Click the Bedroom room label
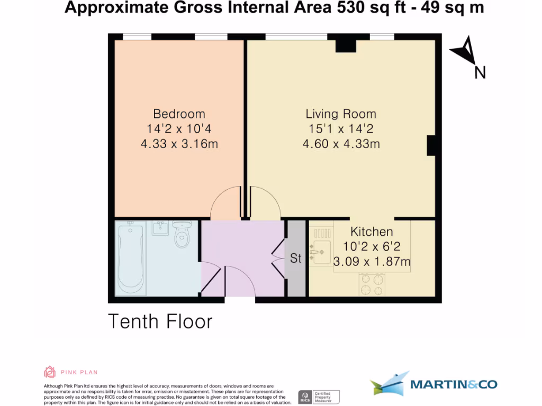pyautogui.click(x=179, y=114)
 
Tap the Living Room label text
pyautogui.click(x=341, y=114)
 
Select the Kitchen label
pyautogui.click(x=372, y=232)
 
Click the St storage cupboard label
pyautogui.click(x=295, y=259)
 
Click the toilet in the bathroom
pyautogui.click(x=182, y=235)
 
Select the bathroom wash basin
pyautogui.click(x=160, y=229)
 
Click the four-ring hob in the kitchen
pyautogui.click(x=372, y=285)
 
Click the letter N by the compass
pyautogui.click(x=480, y=73)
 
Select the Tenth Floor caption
pyautogui.click(x=160, y=321)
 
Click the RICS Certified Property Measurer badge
pyautogui.click(x=319, y=396)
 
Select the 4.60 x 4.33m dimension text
pyautogui.click(x=341, y=143)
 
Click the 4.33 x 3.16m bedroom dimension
pyautogui.click(x=179, y=143)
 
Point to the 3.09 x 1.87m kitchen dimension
pyautogui.click(x=372, y=261)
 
